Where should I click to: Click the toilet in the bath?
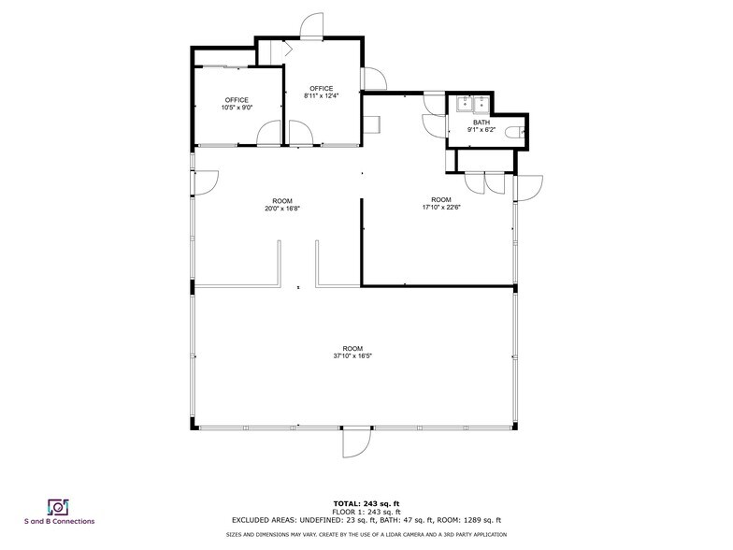click(518, 134)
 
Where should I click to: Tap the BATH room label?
click(481, 123)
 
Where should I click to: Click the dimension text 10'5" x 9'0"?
click(237, 108)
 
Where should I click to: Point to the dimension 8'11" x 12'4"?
click(321, 95)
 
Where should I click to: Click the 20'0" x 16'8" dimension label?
click(281, 209)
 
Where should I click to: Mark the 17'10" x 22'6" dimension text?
click(441, 207)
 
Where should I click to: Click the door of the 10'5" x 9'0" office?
click(268, 136)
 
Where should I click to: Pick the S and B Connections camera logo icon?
click(58, 506)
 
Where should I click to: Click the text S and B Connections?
click(59, 521)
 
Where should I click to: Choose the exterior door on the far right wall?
click(526, 189)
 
